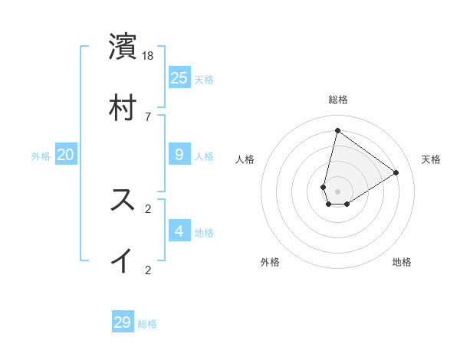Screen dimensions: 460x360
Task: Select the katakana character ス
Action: point(123,200)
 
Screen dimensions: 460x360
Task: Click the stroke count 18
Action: point(149,56)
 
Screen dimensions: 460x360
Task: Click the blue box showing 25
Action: point(179,77)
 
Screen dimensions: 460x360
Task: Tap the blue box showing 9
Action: point(179,155)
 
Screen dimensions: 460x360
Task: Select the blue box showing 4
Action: point(179,231)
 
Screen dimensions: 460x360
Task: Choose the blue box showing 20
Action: point(66,155)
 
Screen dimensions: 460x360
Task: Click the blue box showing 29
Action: point(123,322)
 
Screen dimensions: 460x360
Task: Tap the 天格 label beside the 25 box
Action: point(204,80)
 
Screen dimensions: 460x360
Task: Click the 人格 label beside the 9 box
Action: point(204,156)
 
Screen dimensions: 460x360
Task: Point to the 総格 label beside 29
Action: point(147,324)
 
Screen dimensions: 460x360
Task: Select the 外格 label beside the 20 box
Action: point(41,156)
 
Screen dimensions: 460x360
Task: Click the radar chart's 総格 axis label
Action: point(338,100)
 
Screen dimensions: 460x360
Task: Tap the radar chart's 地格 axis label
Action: point(402,262)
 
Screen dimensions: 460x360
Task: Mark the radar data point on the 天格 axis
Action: point(396,172)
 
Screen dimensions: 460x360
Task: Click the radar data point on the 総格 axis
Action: point(337,130)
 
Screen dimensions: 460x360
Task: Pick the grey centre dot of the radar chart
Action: point(338,191)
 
